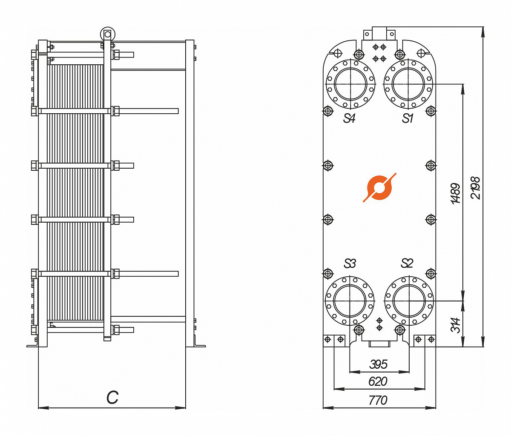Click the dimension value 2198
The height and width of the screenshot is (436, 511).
(475, 188)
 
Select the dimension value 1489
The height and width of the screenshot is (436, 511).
(456, 193)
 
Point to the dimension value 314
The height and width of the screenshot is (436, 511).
(456, 325)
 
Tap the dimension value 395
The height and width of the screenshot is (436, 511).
(378, 364)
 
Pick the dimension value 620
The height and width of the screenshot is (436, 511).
(378, 381)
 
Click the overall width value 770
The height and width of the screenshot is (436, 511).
(378, 400)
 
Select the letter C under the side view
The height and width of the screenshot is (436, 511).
(112, 397)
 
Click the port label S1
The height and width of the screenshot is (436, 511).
(408, 118)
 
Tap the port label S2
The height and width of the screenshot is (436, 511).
(407, 263)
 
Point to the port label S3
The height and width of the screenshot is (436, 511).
(350, 264)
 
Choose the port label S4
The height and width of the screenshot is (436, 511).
(349, 118)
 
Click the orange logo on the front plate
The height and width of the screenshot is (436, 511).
(379, 187)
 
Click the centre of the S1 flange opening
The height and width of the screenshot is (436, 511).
(408, 84)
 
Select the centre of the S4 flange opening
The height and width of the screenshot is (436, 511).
(350, 84)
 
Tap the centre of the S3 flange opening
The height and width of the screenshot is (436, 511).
(350, 301)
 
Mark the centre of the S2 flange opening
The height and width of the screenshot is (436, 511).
(409, 301)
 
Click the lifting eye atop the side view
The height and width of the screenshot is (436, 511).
(107, 34)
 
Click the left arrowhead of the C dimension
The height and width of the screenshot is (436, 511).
(40, 408)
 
